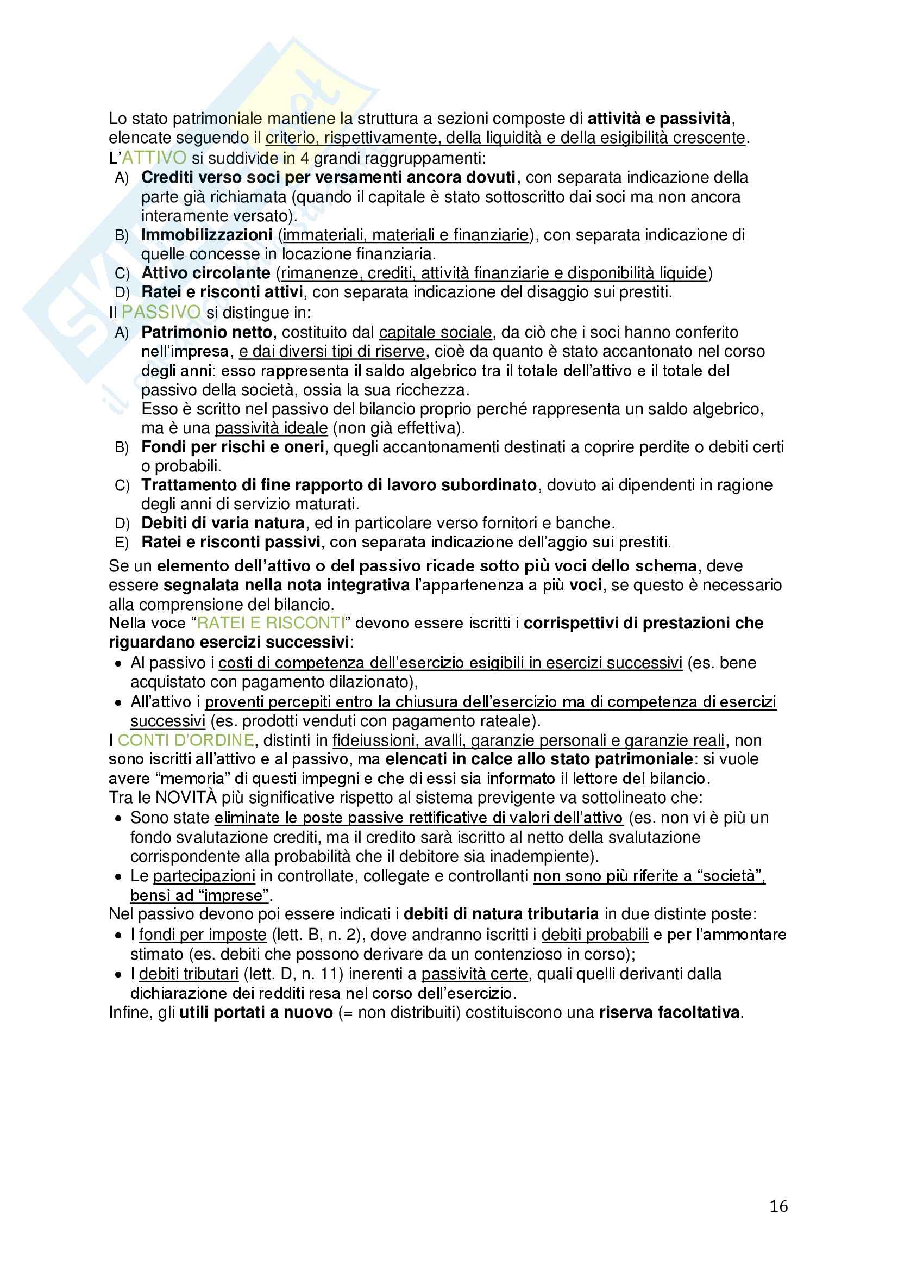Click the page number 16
click(x=778, y=1206)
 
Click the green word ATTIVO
click(x=154, y=158)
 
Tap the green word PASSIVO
click(x=161, y=312)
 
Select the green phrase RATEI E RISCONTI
click(x=271, y=623)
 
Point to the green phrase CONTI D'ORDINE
click(x=186, y=740)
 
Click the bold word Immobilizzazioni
click(x=207, y=235)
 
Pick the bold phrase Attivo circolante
click(x=206, y=273)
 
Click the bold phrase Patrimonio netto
click(x=207, y=332)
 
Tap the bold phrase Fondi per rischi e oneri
click(x=233, y=446)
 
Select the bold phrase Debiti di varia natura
click(x=223, y=523)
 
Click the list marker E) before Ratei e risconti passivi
click(x=122, y=543)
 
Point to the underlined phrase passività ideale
click(x=271, y=428)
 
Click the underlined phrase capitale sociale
click(x=435, y=332)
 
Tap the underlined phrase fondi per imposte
click(x=203, y=935)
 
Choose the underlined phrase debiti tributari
click(x=189, y=973)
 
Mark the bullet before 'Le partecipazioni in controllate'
click(x=118, y=876)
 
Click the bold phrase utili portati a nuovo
click(x=256, y=1012)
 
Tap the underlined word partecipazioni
click(x=204, y=876)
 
